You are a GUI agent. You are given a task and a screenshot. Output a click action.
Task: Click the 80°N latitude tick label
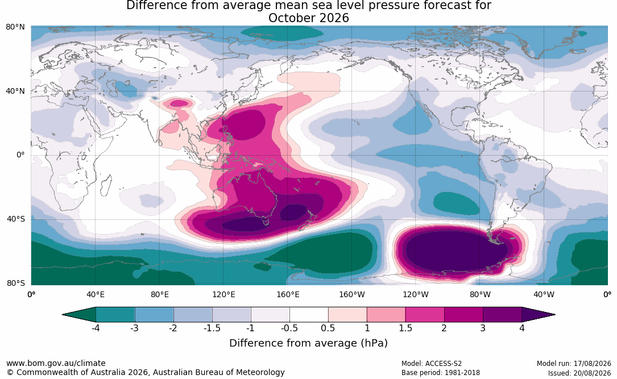pyautogui.click(x=15, y=27)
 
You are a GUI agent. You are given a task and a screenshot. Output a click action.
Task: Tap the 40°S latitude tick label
pyautogui.click(x=16, y=219)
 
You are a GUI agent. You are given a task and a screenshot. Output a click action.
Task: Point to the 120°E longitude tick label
pyautogui.click(x=224, y=294)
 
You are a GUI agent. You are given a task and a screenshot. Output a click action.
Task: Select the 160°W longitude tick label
pyautogui.click(x=352, y=294)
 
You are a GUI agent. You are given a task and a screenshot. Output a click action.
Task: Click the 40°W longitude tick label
pyautogui.click(x=544, y=294)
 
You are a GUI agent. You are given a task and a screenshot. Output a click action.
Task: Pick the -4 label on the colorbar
pyautogui.click(x=96, y=328)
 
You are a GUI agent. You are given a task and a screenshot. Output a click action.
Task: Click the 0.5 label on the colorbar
pyautogui.click(x=328, y=328)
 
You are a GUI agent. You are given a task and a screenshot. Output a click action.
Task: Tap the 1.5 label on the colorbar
pyautogui.click(x=405, y=328)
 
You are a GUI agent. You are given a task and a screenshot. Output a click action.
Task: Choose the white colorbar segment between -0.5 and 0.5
pyautogui.click(x=309, y=315)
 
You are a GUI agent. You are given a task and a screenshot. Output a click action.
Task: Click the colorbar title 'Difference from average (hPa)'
pyautogui.click(x=308, y=343)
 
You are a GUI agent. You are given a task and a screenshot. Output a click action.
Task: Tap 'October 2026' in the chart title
pyautogui.click(x=308, y=18)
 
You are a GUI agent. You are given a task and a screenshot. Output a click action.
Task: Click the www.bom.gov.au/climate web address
pyautogui.click(x=56, y=363)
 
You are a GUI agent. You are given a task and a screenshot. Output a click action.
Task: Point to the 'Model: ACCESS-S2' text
pyautogui.click(x=432, y=363)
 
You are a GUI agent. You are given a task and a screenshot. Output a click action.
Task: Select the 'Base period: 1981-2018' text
pyautogui.click(x=441, y=373)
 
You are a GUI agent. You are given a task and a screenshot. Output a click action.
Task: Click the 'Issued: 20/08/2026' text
pyautogui.click(x=579, y=373)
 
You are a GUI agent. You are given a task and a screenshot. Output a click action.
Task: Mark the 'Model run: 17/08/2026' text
pyautogui.click(x=574, y=363)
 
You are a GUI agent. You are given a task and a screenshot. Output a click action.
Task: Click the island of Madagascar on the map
pyautogui.click(x=105, y=186)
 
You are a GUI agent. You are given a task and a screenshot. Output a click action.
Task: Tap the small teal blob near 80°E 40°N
pyautogui.click(x=155, y=98)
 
